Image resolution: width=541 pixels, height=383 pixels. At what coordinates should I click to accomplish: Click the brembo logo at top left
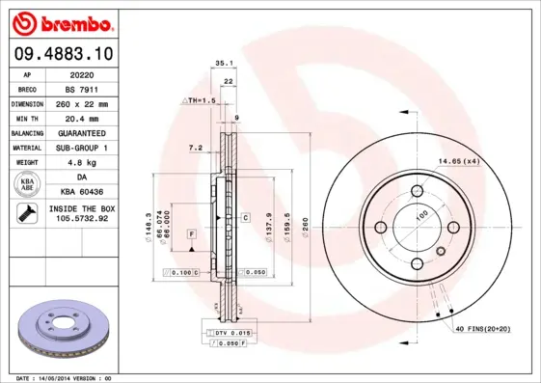point(63,22)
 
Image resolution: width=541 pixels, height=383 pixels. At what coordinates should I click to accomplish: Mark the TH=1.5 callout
point(200,101)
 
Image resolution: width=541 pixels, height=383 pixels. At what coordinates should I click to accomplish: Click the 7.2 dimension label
point(194,148)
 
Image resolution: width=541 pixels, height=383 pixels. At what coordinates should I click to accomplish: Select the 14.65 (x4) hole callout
point(458,161)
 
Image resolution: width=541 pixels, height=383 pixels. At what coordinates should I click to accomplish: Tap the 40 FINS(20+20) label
point(482,328)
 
